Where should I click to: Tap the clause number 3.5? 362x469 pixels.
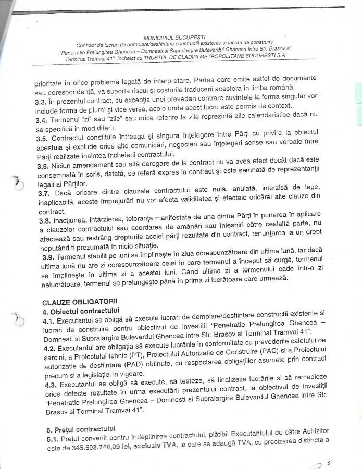[x=43, y=139]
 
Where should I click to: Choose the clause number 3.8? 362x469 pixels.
[x=43, y=221]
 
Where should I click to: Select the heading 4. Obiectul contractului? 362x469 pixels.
[x=78, y=311]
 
